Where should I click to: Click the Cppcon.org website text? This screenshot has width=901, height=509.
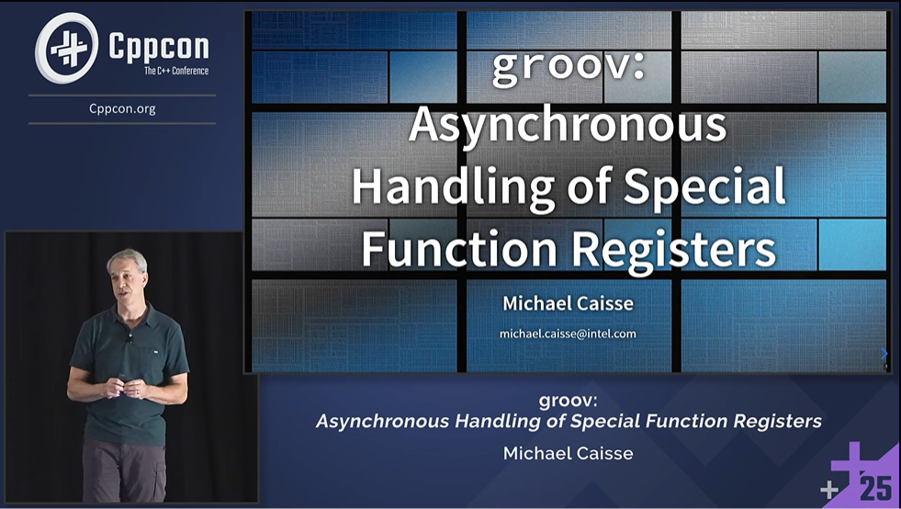pos(122,108)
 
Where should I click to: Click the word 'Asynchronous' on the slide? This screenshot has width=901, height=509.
pos(568,125)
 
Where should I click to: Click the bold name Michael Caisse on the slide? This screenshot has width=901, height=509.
pos(568,303)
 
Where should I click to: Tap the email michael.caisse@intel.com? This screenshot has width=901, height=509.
pos(568,334)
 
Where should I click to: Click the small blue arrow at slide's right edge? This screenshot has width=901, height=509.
pos(884,353)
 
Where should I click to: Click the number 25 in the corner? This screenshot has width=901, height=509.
pos(875,488)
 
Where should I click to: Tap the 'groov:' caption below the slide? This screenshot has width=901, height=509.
pos(568,401)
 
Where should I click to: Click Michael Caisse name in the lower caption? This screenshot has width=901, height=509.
pos(568,453)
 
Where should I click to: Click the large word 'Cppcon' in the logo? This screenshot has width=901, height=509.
pos(158,46)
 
